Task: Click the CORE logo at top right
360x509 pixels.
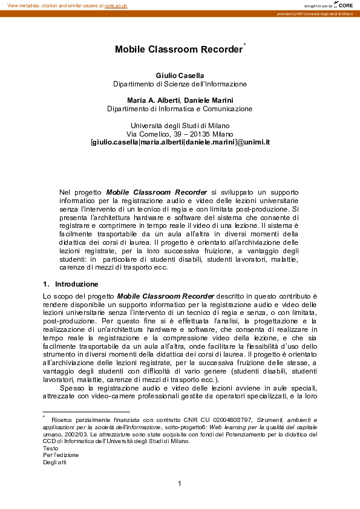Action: pyautogui.click(x=344, y=5)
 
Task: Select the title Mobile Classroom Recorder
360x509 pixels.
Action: pyautogui.click(x=178, y=50)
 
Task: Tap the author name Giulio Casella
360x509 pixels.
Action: pyautogui.click(x=180, y=75)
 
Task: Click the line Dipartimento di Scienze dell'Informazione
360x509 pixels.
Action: pyautogui.click(x=180, y=84)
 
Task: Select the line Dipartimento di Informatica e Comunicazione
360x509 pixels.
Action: pyautogui.click(x=180, y=109)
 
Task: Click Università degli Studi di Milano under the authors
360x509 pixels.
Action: pyautogui.click(x=180, y=125)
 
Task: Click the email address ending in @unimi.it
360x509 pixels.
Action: pyautogui.click(x=180, y=142)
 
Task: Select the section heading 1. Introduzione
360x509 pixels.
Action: pyautogui.click(x=71, y=284)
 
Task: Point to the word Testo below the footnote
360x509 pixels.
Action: pyautogui.click(x=51, y=448)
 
